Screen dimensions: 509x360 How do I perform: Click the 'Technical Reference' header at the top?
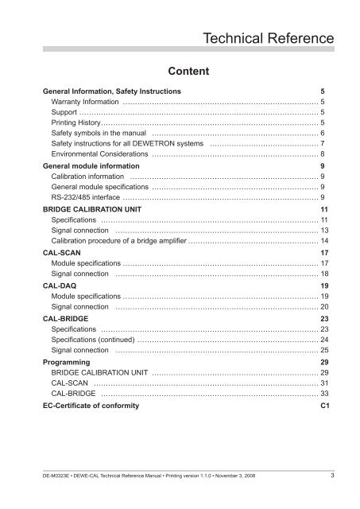pyautogui.click(x=268, y=37)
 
